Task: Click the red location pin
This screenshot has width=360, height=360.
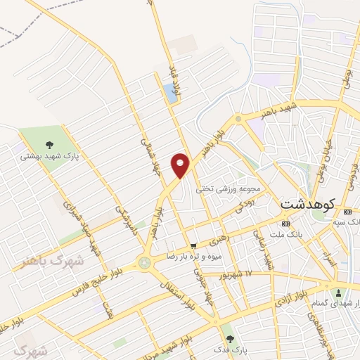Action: (x=181, y=165)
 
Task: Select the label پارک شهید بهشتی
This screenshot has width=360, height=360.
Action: (x=49, y=156)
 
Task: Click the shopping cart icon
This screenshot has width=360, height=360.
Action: (x=193, y=245)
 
